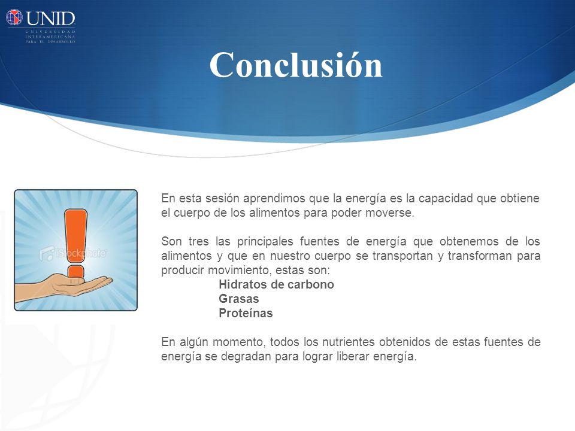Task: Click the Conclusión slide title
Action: click(296, 65)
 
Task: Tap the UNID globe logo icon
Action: click(14, 17)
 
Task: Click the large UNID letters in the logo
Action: click(50, 19)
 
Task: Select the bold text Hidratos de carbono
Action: click(276, 284)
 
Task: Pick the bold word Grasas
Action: click(239, 299)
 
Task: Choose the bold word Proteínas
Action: click(246, 313)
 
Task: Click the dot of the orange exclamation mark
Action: click(76, 272)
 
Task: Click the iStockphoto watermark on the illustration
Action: click(73, 253)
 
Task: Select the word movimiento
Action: click(240, 270)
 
